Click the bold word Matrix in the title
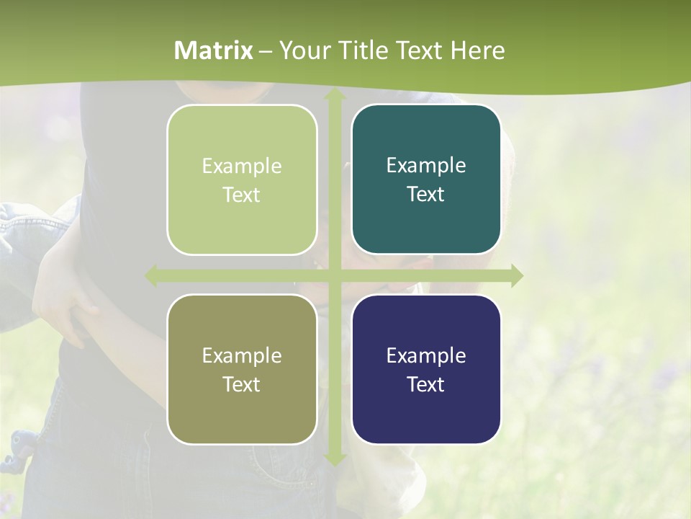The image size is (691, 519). click(x=214, y=50)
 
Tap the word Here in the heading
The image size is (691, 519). click(x=477, y=50)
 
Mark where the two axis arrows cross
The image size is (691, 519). click(x=334, y=276)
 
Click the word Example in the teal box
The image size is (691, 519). click(x=426, y=165)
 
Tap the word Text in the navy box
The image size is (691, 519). click(x=426, y=384)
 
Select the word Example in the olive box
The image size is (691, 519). click(x=242, y=355)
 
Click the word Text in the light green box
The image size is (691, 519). click(x=242, y=195)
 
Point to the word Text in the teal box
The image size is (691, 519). click(x=426, y=194)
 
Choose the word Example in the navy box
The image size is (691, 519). click(x=426, y=355)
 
